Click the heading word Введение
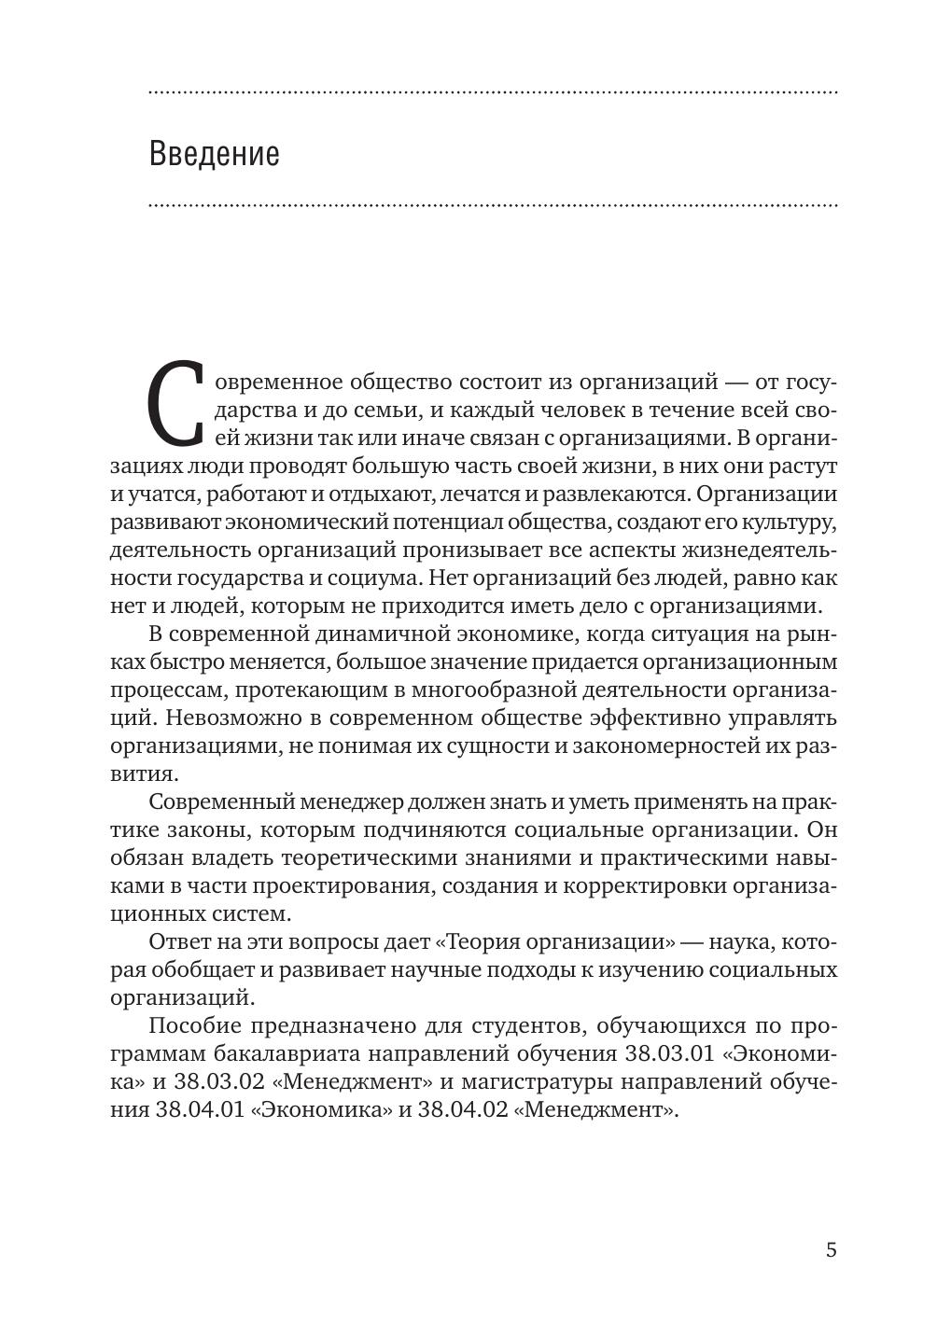coord(214,153)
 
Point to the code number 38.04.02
coord(461,1110)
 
